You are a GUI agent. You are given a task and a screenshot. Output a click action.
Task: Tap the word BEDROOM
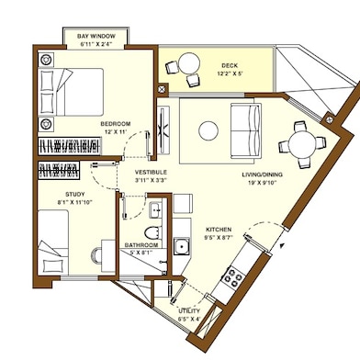click(x=117, y=123)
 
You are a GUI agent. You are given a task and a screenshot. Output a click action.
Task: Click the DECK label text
click(x=229, y=66)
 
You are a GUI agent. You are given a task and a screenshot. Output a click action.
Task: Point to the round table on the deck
click(x=187, y=65)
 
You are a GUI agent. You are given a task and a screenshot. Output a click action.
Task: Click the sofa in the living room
click(x=243, y=131)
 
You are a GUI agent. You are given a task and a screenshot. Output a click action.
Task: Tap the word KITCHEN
click(x=218, y=229)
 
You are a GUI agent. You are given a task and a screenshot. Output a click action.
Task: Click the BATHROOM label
click(x=141, y=246)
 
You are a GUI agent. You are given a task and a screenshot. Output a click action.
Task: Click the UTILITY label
click(x=190, y=310)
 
